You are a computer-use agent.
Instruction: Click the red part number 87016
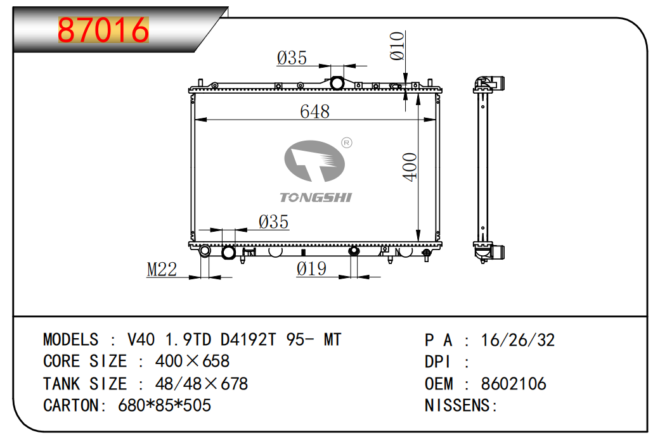(103, 30)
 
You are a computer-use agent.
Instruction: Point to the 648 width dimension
(315, 111)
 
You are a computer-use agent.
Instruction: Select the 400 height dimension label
(410, 167)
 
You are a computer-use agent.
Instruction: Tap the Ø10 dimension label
(398, 46)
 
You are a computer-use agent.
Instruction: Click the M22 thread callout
(162, 270)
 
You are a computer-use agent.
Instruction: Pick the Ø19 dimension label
(311, 269)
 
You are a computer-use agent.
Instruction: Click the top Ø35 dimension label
(292, 59)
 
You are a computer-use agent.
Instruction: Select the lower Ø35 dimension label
(273, 222)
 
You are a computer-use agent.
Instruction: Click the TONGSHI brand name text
(315, 198)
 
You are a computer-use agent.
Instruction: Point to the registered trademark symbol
(347, 143)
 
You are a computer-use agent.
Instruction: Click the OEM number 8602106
(514, 384)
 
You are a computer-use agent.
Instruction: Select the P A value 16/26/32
(518, 341)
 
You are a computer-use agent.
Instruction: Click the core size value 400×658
(192, 362)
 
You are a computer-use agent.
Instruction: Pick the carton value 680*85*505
(165, 405)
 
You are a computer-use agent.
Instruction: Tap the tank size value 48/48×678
(202, 384)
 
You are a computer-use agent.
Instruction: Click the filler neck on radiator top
(337, 83)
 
